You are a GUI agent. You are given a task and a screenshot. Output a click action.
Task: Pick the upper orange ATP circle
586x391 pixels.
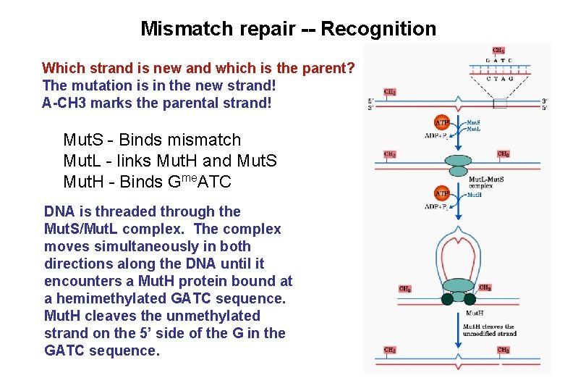441,123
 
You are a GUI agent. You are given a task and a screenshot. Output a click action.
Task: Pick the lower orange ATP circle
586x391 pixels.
441,194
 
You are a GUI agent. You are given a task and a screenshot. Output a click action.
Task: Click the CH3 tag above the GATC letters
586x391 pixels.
498,51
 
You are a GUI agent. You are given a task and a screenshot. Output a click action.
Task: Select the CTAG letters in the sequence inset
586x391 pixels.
499,78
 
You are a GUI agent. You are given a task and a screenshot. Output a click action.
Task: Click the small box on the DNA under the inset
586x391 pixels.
499,102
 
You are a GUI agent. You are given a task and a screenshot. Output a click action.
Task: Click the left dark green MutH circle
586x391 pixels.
447,298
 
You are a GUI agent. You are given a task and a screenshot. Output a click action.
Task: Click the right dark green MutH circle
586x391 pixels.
470,298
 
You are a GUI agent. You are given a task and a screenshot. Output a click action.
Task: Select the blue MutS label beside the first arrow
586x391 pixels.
475,123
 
